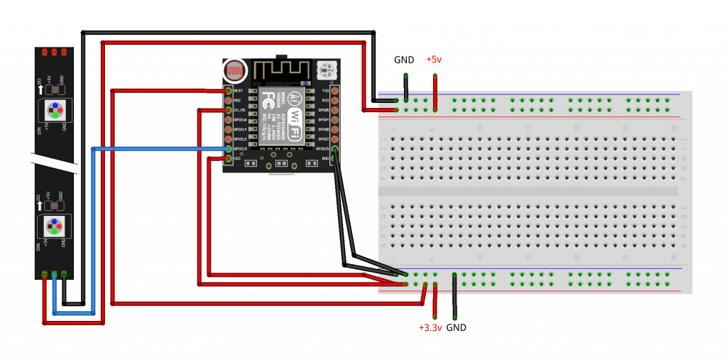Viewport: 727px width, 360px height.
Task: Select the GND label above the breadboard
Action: tap(404, 60)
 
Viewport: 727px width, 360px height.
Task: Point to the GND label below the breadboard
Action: tap(456, 327)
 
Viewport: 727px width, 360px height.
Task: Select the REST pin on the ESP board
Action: tap(229, 91)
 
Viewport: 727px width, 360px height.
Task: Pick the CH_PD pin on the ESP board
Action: tap(229, 111)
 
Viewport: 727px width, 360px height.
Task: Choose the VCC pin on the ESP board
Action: tap(229, 158)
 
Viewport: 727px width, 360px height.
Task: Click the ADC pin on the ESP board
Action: tap(229, 101)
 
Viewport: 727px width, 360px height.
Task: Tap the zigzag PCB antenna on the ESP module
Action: tap(281, 70)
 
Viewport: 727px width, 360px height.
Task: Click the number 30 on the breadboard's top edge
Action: tap(672, 128)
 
